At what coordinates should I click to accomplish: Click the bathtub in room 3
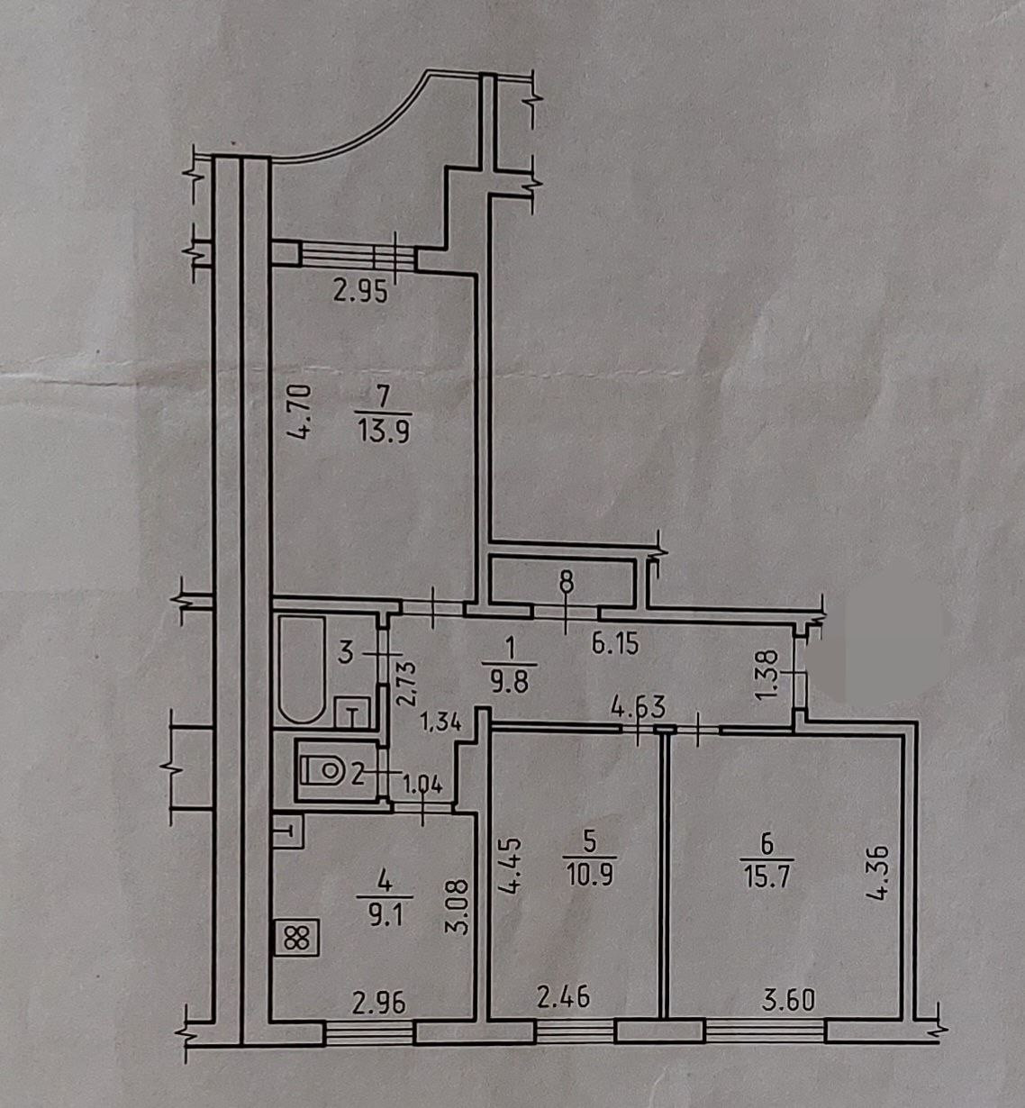click(x=302, y=668)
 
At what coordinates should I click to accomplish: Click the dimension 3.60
click(x=788, y=999)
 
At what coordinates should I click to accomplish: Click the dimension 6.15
click(x=615, y=643)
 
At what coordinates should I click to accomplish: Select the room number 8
click(x=566, y=582)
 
